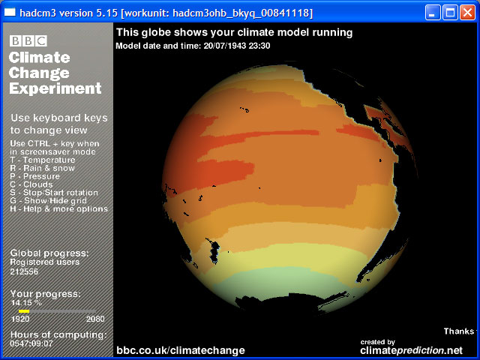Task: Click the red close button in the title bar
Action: tap(467, 13)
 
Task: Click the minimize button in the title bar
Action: tap(433, 13)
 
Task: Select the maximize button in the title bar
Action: tap(450, 13)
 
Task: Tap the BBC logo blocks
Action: tap(28, 40)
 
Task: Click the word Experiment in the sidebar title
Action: tap(55, 88)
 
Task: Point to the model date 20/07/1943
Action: tap(225, 46)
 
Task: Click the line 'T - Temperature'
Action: tap(43, 160)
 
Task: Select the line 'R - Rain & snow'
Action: tap(42, 168)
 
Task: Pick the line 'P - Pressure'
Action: tap(35, 176)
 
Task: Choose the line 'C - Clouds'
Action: tap(31, 184)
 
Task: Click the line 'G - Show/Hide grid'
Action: tap(48, 201)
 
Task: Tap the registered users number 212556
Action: tap(24, 271)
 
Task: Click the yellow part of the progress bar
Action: tap(24, 311)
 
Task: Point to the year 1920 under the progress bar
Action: tap(20, 319)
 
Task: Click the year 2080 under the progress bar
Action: tap(95, 319)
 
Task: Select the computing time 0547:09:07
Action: tap(31, 343)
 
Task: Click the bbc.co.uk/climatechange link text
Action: tap(181, 350)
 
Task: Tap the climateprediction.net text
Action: tap(412, 350)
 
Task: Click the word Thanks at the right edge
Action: tap(459, 331)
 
